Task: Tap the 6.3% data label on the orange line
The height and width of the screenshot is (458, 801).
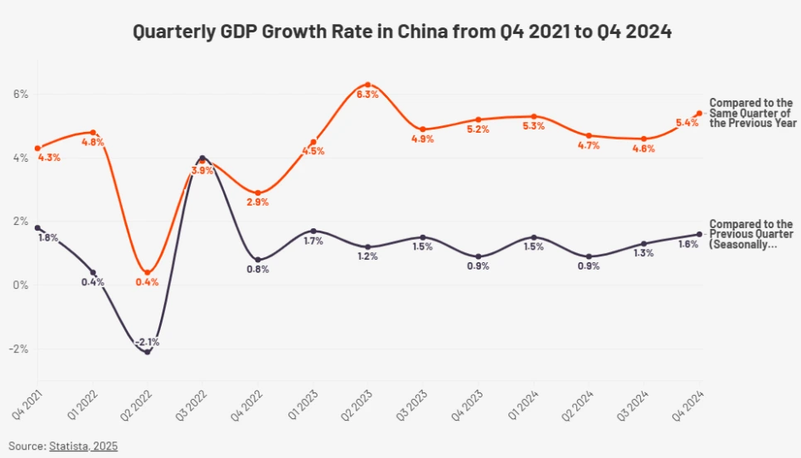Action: tap(367, 95)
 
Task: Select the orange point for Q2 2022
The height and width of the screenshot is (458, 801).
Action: tap(148, 273)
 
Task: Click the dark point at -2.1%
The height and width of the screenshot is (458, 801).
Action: tap(148, 352)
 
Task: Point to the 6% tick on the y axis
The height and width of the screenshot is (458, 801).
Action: tap(20, 94)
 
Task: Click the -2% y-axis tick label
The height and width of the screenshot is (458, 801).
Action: tap(18, 348)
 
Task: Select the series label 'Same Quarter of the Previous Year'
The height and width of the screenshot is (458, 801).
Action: tap(752, 113)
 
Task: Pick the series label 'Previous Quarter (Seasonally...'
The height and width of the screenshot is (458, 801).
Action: tap(750, 235)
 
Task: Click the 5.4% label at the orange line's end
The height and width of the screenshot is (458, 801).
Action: tap(687, 124)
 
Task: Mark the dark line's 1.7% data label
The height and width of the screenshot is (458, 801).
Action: tap(312, 241)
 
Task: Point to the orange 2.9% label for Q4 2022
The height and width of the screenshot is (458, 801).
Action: tap(258, 202)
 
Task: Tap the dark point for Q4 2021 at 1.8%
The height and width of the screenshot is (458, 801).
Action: tap(37, 227)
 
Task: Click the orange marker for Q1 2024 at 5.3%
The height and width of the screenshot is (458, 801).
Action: tap(534, 116)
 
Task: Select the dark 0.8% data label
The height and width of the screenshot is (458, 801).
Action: tap(258, 270)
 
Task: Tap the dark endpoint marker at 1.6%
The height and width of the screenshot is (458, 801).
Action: tap(699, 234)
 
